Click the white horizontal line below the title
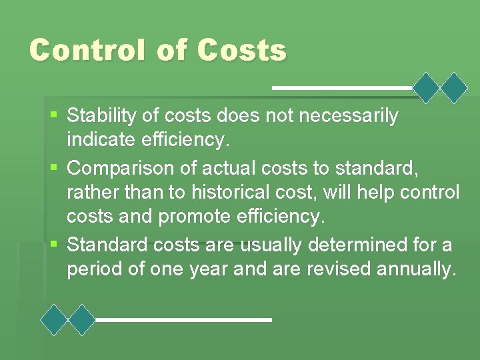pyautogui.click(x=342, y=88)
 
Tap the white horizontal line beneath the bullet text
pyautogui.click(x=183, y=320)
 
